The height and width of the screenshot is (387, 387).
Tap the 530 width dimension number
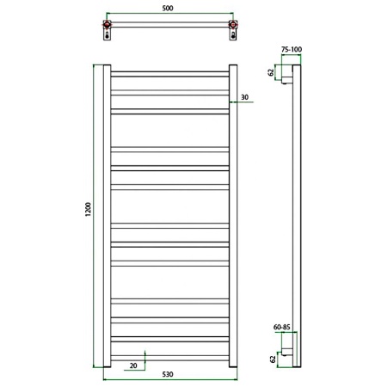click(x=169, y=375)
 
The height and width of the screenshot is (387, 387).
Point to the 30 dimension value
click(x=245, y=97)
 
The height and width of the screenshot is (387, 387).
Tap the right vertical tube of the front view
click(x=232, y=214)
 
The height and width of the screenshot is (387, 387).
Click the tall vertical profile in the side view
click(x=295, y=215)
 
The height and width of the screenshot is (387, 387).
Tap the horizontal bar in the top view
click(x=169, y=28)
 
